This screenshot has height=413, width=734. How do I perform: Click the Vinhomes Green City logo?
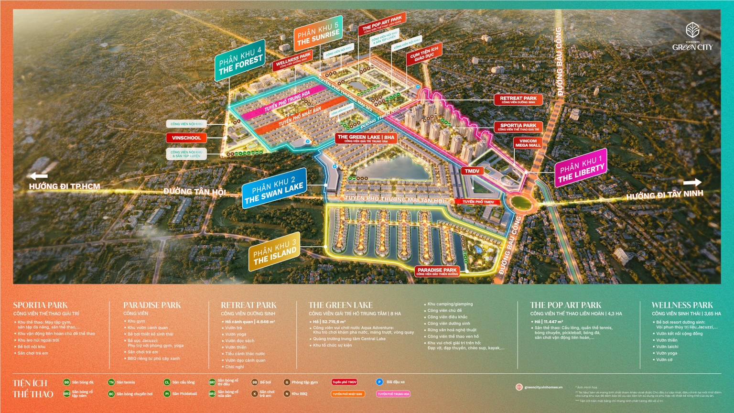(692, 37)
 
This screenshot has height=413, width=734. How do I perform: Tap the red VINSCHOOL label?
(186, 138)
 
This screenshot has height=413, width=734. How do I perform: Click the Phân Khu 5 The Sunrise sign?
(318, 34)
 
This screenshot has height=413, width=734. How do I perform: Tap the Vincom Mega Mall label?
(528, 143)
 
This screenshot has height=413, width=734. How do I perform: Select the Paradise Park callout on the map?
(437, 272)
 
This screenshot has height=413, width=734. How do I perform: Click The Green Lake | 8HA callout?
(366, 138)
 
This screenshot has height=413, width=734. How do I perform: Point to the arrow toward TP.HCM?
(38, 176)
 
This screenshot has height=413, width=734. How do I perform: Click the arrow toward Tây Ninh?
(692, 183)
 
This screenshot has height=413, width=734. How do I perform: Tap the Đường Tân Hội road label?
(194, 192)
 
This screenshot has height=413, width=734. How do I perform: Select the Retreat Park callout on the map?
(518, 99)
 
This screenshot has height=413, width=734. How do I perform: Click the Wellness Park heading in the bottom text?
(682, 305)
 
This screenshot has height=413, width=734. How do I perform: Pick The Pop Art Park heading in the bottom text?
(565, 305)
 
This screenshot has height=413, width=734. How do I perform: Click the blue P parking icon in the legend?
(379, 382)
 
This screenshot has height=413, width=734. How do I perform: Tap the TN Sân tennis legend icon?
(111, 382)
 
